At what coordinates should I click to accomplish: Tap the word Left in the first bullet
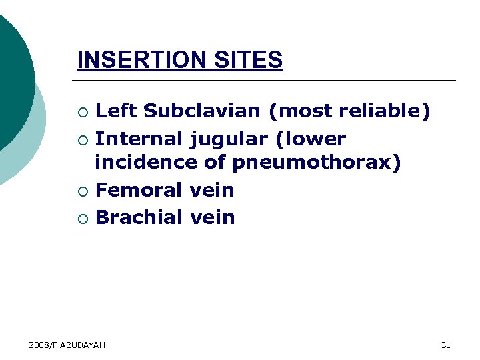[116, 111]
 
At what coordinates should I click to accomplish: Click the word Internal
[139, 139]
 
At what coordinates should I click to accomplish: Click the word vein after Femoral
[212, 190]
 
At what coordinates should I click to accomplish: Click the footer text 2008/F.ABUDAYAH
[67, 345]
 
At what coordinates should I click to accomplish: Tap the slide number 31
[446, 345]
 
